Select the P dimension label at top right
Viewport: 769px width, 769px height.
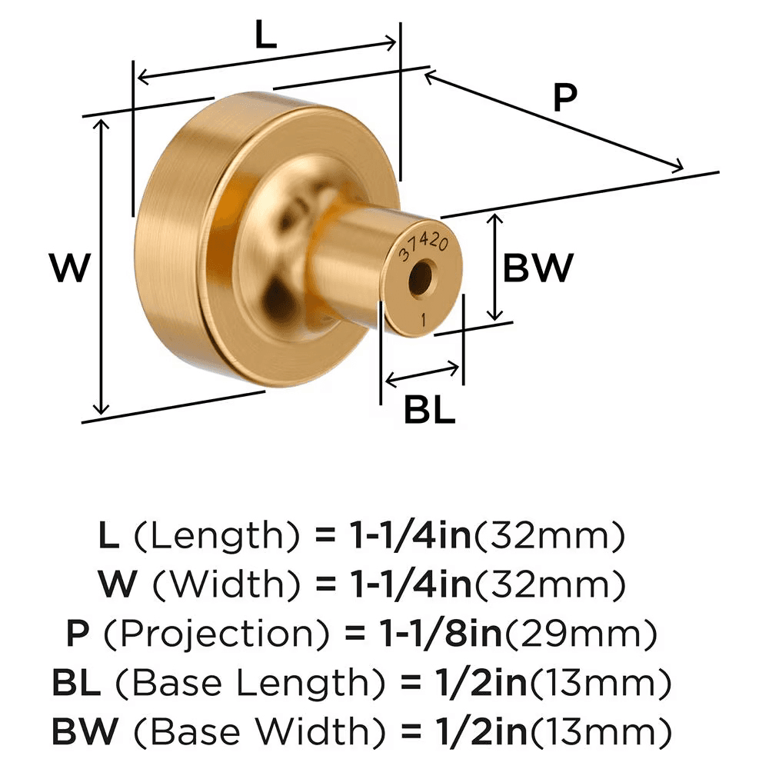point(565,98)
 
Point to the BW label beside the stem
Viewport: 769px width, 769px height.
point(538,268)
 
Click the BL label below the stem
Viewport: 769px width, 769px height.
point(430,411)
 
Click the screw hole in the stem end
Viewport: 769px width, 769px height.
point(420,280)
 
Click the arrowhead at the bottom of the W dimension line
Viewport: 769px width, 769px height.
point(101,411)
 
